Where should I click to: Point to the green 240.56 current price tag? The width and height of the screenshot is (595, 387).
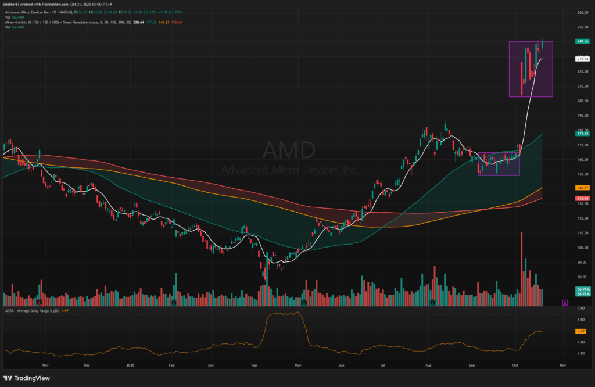coord(583,41)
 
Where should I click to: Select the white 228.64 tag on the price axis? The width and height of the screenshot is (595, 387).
coord(583,59)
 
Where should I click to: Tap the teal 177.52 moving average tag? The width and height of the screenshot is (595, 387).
coord(583,134)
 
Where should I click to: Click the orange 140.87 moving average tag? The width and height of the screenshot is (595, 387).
coord(583,188)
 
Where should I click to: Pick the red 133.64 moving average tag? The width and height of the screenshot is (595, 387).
coord(583,198)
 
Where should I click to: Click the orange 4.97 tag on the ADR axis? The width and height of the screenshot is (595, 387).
coord(580,331)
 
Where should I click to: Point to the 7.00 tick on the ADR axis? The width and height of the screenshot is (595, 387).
coord(580,308)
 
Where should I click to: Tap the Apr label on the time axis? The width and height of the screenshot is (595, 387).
coord(255,366)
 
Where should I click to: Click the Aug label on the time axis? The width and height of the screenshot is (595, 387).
coord(428,366)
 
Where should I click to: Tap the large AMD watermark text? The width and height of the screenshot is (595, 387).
coord(289,150)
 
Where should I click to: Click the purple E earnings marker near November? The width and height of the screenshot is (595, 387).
coord(565,303)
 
